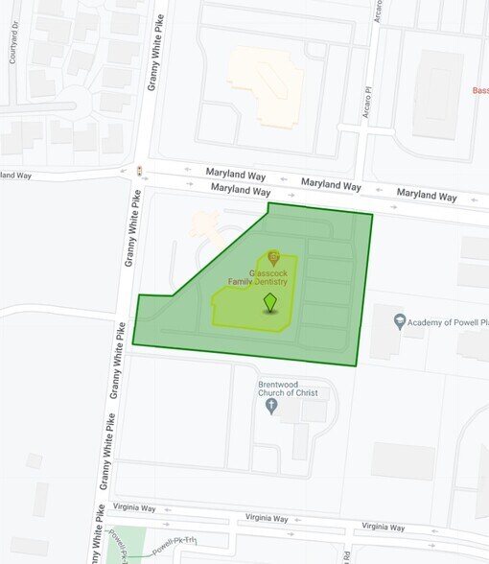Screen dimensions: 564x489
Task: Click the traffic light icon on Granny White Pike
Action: (x=140, y=171)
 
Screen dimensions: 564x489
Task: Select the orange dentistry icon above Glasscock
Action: (x=273, y=256)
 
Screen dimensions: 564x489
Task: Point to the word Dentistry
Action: (x=284, y=281)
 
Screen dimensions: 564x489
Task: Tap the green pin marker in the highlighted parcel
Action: (x=270, y=304)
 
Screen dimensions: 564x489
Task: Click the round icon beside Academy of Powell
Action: (x=400, y=320)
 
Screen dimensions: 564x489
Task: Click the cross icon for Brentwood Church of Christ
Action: (x=271, y=406)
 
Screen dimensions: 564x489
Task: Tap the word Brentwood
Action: (x=278, y=384)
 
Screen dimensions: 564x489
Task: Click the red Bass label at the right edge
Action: (x=480, y=90)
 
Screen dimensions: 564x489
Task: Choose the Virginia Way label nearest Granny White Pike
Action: (x=133, y=506)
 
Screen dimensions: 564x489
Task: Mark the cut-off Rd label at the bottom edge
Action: (x=344, y=555)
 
